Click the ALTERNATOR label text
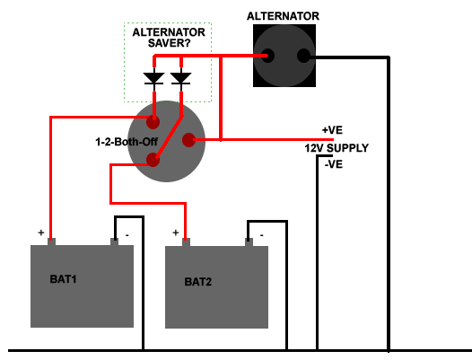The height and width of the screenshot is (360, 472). pos(283,16)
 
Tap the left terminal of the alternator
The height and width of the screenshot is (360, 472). pos(267,56)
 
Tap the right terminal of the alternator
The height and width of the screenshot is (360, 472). pos(303,56)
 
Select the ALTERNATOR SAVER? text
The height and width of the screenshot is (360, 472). pos(169,39)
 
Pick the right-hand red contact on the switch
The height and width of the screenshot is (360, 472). pos(189,139)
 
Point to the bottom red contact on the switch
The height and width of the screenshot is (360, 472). pos(153,161)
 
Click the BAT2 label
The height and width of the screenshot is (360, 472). pos(197,282)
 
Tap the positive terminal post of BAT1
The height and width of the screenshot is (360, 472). pos(51,241)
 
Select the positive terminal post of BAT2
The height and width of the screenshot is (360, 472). pos(186,241)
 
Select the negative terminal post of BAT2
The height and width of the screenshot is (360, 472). pos(248,241)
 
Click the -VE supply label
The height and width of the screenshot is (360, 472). pos(333,164)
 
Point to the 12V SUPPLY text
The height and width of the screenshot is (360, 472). pos(336,147)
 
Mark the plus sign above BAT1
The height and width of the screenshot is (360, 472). pos(41,233)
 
